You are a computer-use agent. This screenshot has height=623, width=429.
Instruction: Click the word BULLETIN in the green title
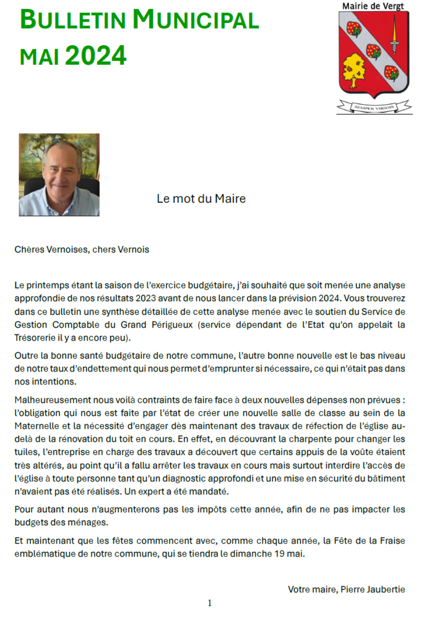(x=73, y=20)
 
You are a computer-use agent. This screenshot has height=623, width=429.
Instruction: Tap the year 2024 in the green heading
(x=95, y=56)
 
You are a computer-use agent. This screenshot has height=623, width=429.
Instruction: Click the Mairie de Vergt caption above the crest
(x=373, y=6)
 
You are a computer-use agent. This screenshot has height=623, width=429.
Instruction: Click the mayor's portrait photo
(x=59, y=175)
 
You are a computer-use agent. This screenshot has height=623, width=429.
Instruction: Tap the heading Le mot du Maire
(x=201, y=199)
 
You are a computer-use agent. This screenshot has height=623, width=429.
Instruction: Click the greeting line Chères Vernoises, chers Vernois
(x=82, y=250)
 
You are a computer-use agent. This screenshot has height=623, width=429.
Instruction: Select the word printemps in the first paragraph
(x=48, y=285)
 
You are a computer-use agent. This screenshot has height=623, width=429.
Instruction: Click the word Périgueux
(x=172, y=324)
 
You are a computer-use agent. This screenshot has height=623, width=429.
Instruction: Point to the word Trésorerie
(x=35, y=337)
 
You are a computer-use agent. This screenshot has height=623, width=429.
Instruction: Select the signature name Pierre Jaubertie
(x=373, y=589)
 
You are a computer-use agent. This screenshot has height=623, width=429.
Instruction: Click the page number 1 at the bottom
(x=210, y=603)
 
